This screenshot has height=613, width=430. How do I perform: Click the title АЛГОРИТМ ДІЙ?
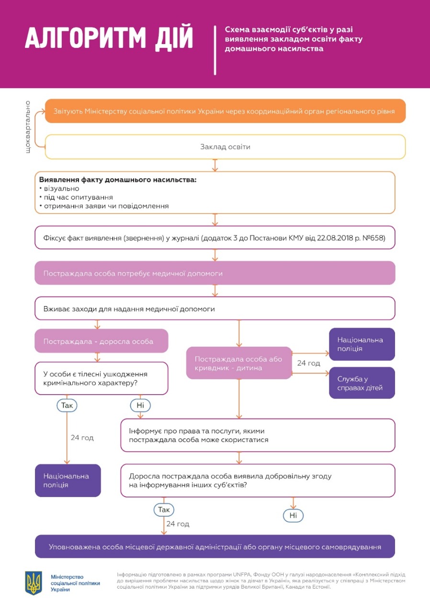coord(109,38)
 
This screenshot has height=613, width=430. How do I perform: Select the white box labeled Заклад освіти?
coord(225,147)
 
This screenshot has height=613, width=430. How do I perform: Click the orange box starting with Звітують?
coord(225,112)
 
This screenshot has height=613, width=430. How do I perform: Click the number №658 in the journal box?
coord(373,238)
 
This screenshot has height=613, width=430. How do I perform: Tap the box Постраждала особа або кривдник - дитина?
coord(239,363)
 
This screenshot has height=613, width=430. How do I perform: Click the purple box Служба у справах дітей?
coord(362,383)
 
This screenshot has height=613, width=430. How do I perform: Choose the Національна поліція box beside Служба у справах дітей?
coord(362,344)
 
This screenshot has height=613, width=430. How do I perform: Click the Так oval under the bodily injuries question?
coord(67,405)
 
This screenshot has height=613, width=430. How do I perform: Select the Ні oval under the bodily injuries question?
coord(140,406)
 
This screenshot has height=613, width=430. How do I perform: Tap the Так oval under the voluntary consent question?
coord(164,509)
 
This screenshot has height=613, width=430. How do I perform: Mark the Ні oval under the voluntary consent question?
coord(293,515)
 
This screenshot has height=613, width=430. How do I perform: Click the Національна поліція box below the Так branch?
coord(68,480)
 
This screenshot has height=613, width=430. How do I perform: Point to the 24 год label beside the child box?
coord(309,363)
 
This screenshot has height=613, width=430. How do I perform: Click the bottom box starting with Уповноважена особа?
coord(215,546)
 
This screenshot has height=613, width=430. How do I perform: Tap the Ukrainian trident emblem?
coord(34,582)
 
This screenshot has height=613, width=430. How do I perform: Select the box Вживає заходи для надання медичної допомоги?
coord(215,308)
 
